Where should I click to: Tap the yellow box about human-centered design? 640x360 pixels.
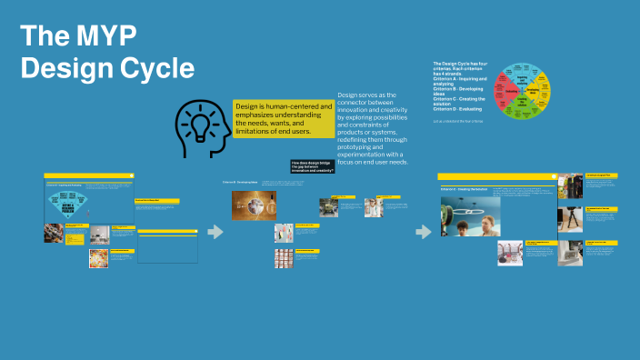click(x=283, y=119)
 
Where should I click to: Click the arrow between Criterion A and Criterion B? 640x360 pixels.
click(x=215, y=232)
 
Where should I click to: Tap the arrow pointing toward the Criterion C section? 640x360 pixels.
click(x=423, y=232)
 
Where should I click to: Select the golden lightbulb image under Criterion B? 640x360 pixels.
click(x=254, y=205)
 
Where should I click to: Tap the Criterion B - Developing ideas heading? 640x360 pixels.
click(x=240, y=182)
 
